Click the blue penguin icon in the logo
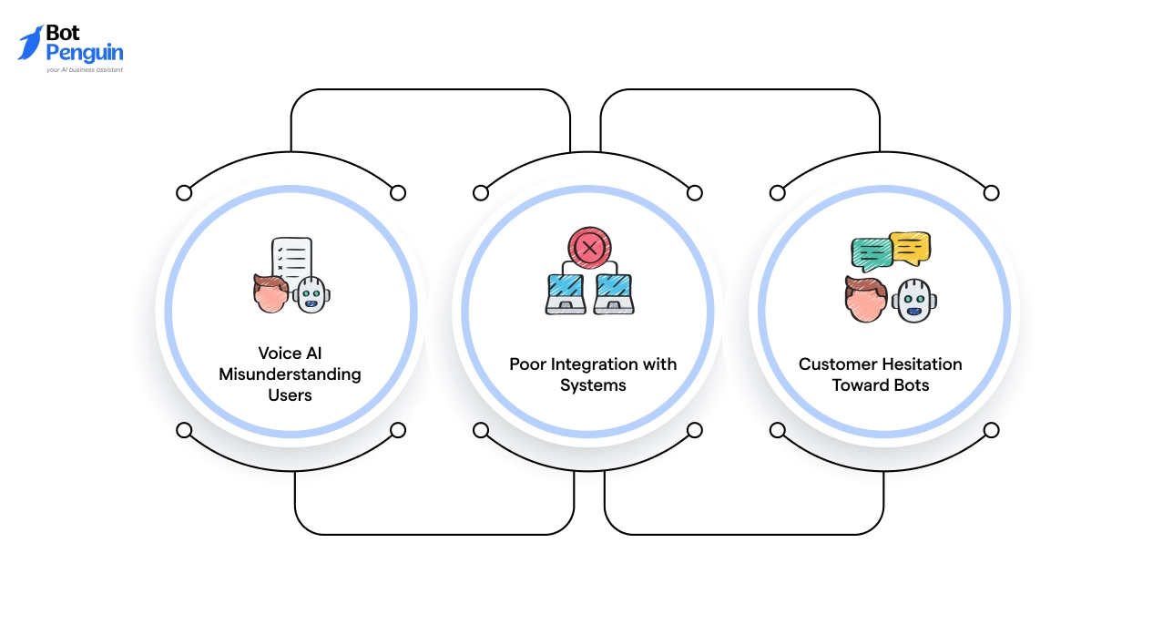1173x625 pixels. tap(31, 42)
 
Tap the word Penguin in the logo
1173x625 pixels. tap(84, 53)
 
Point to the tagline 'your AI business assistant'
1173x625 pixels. tap(85, 69)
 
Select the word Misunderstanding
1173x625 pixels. tap(290, 374)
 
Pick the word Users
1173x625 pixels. tap(290, 395)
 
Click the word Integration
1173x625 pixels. tap(596, 364)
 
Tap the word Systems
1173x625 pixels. tap(593, 385)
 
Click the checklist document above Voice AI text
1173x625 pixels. tap(291, 260)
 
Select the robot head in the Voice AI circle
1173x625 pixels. tap(311, 293)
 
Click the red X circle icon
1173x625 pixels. tap(589, 247)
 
